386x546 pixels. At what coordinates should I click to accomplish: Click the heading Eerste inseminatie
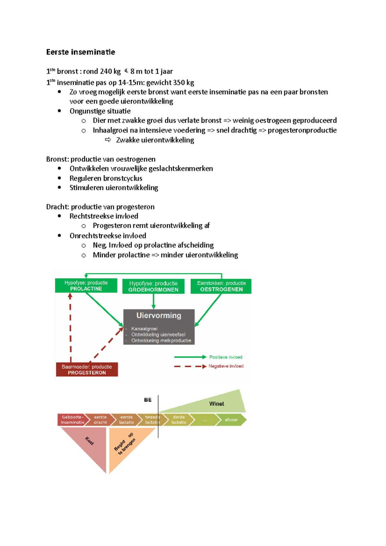pyautogui.click(x=80, y=52)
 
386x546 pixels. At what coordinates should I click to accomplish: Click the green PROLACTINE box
pyautogui.click(x=86, y=286)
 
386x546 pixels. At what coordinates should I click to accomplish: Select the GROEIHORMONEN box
pyautogui.click(x=153, y=287)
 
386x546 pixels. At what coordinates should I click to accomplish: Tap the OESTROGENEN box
pyautogui.click(x=221, y=286)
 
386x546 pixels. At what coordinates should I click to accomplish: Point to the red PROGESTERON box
pyautogui.click(x=87, y=369)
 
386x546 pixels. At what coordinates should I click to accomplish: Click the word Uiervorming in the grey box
pyautogui.click(x=159, y=315)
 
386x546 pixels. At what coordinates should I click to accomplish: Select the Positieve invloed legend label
pyautogui.click(x=226, y=357)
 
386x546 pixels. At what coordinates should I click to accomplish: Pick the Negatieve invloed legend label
pyautogui.click(x=226, y=366)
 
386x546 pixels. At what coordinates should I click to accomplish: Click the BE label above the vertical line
pyautogui.click(x=148, y=400)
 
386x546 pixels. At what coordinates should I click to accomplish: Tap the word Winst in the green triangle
pyautogui.click(x=216, y=404)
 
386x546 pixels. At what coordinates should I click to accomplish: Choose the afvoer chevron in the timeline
pyautogui.click(x=231, y=420)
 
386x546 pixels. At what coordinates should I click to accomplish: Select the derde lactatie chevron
pyautogui.click(x=179, y=420)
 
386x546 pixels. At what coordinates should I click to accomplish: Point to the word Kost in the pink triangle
pyautogui.click(x=89, y=441)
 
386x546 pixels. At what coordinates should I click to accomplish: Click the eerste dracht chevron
pyautogui.click(x=100, y=420)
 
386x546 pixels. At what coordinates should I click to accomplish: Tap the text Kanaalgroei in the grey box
pyautogui.click(x=144, y=329)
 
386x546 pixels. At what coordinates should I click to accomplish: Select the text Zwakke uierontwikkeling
pyautogui.click(x=155, y=140)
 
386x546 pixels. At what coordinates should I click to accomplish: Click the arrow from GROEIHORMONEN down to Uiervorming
pyautogui.click(x=153, y=301)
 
